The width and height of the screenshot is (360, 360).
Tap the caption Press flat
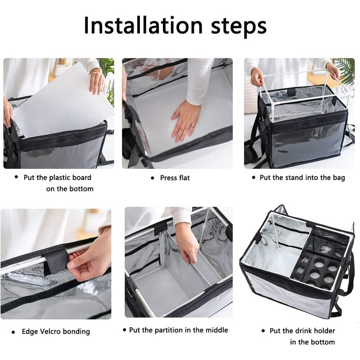point(175,178)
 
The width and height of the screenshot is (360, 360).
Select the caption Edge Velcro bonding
point(56,332)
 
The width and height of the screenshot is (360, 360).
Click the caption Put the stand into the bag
point(302,178)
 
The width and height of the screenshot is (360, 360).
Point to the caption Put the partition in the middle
point(178,330)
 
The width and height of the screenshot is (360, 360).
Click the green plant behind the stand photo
point(345,70)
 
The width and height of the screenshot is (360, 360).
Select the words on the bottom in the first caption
point(70,189)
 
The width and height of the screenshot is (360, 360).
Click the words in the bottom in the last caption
point(312,342)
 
